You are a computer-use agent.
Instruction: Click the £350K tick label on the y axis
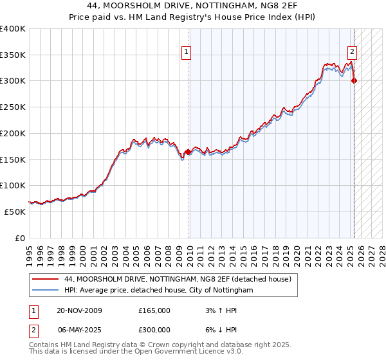(13, 55)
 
